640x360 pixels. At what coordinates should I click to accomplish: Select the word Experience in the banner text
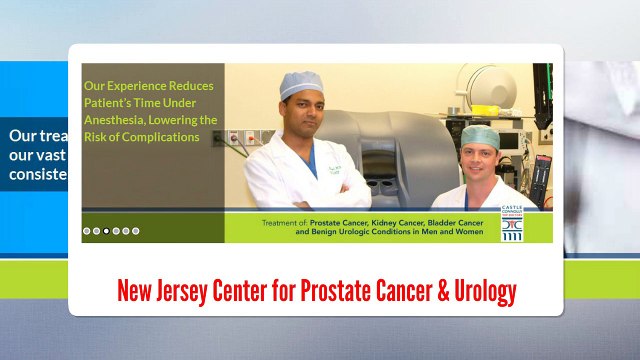(x=138, y=86)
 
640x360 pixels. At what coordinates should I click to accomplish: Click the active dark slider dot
(x=106, y=231)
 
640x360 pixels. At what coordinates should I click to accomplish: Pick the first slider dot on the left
(x=87, y=231)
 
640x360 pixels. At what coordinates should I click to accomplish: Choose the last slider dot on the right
(x=136, y=231)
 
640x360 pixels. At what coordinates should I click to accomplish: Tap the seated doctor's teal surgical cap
(x=480, y=135)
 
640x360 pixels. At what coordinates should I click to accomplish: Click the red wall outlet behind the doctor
(x=234, y=138)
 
